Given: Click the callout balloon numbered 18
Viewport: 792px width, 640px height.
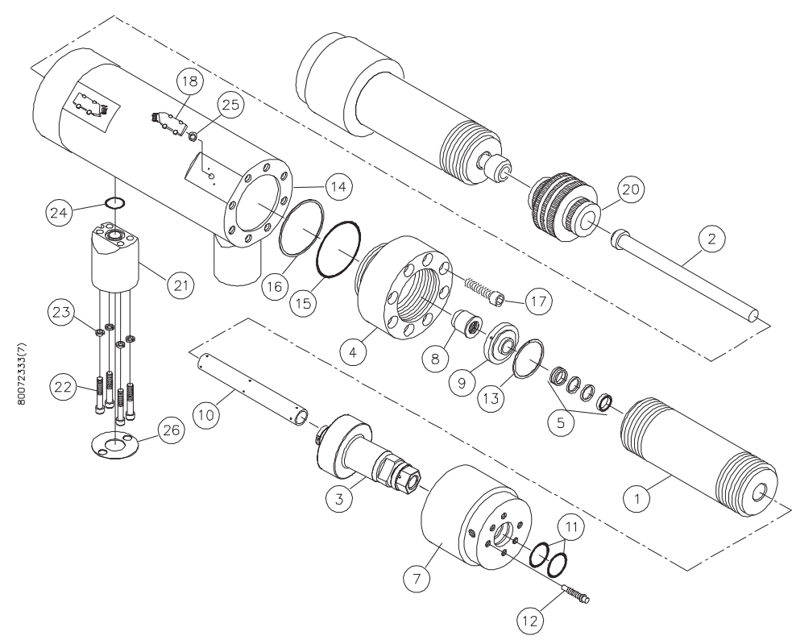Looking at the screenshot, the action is point(190,81).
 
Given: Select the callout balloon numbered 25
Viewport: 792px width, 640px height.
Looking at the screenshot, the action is point(230,105).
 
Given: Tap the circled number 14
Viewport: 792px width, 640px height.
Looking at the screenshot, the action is point(338,186).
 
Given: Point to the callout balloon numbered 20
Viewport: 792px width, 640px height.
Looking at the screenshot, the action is point(631,190).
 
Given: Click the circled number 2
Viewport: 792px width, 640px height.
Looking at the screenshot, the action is point(711,239).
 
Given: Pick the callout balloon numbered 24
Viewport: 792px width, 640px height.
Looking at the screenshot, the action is point(60,213).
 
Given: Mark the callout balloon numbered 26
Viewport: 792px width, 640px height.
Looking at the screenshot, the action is point(171,430).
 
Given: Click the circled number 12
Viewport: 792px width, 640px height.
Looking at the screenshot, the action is point(530,621).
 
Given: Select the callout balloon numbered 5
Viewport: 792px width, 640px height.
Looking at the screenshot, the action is point(562,423).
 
